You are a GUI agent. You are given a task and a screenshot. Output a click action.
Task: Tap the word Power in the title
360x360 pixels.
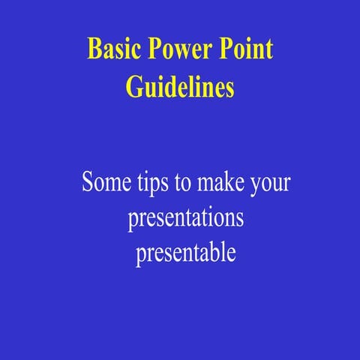click(x=179, y=49)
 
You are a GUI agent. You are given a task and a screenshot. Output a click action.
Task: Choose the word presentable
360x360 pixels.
click(x=186, y=253)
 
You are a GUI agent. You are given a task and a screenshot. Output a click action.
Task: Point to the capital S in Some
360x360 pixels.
click(x=88, y=182)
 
